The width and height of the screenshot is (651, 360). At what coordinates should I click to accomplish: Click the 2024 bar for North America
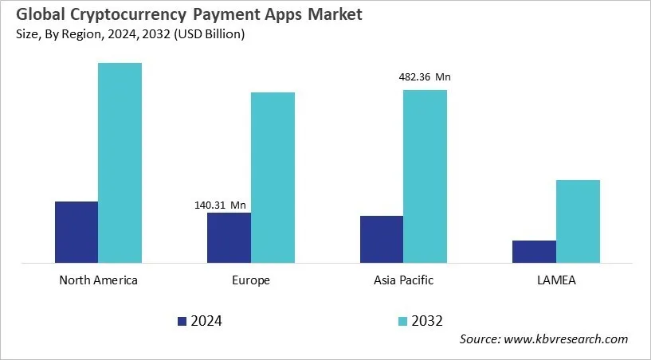76,232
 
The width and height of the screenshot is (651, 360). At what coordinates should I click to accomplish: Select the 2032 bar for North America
120,162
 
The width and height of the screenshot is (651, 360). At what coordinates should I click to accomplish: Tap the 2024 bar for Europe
229,237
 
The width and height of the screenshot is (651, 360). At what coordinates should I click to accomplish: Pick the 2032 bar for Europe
273,177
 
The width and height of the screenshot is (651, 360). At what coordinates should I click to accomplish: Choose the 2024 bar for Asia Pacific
382,239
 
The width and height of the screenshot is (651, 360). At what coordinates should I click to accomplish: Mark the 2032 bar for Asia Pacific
425,176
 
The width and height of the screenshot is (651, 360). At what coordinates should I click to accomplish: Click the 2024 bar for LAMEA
534,251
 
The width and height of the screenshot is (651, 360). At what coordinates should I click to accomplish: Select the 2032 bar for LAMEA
578,221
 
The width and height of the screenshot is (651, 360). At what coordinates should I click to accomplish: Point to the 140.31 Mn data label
221,205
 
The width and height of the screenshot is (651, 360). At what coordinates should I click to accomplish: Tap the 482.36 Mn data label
425,77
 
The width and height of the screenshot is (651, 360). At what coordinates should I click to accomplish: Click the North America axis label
99,280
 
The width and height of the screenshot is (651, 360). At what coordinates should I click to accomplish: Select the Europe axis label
251,280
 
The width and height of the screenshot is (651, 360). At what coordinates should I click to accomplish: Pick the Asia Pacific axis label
403,280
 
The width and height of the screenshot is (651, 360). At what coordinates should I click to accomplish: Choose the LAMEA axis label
556,280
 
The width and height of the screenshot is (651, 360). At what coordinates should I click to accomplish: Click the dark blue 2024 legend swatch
182,321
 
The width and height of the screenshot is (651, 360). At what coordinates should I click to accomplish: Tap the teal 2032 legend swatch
403,321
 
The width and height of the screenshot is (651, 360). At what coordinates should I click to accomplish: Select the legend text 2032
427,321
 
